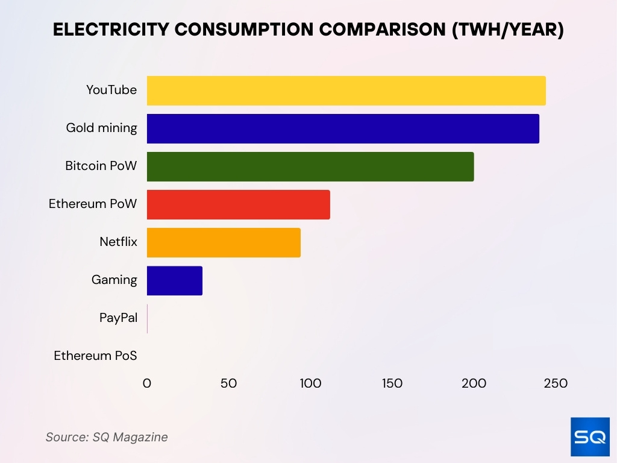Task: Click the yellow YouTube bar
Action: click(346, 90)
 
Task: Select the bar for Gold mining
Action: click(343, 128)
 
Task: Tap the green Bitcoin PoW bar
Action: click(310, 166)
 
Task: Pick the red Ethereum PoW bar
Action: click(238, 204)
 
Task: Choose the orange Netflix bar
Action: click(224, 242)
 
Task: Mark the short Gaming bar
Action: click(175, 280)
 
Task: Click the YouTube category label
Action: click(111, 90)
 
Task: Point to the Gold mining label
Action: click(101, 128)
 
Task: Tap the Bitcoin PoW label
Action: click(101, 166)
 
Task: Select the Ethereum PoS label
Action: click(95, 356)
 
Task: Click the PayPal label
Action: click(118, 318)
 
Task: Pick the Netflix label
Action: click(118, 242)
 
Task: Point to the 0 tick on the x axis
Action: click(147, 383)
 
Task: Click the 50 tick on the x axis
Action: click(229, 383)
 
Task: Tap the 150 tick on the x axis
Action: click(392, 383)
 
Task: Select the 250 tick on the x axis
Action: click(556, 383)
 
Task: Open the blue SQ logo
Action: click(590, 437)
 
